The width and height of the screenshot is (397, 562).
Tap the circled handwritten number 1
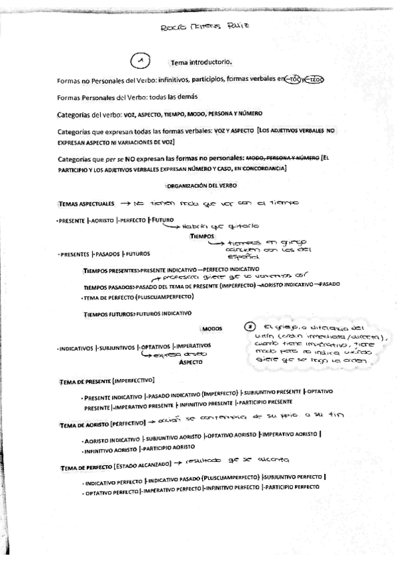point(140,61)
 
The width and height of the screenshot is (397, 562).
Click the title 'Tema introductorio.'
point(201,63)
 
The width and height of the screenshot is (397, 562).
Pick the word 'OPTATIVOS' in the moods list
point(154,346)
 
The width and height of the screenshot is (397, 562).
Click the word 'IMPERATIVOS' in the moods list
point(192,346)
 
